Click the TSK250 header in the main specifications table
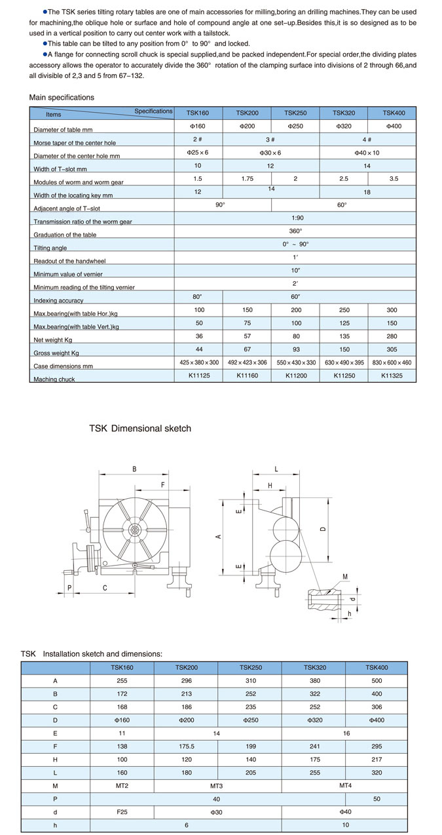click(296, 113)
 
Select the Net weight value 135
click(344, 336)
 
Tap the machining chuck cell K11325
click(393, 376)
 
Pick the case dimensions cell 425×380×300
click(199, 362)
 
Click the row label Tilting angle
click(50, 248)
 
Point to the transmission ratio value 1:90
click(295, 218)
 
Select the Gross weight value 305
click(393, 349)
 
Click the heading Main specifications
click(62, 98)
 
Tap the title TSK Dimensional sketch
click(140, 428)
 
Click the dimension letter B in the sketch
click(134, 469)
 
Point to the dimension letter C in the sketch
click(105, 588)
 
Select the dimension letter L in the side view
click(277, 469)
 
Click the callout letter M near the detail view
click(345, 577)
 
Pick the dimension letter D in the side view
click(323, 529)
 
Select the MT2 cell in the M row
click(122, 786)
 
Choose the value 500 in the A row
click(377, 680)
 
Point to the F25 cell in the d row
click(122, 813)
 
